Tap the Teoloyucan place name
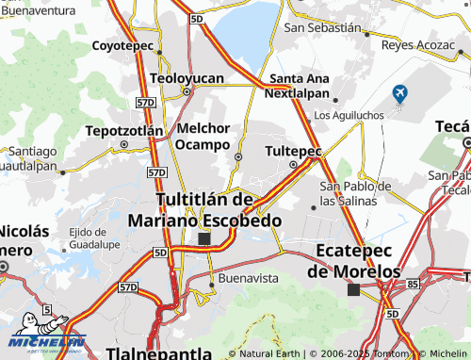(187, 77)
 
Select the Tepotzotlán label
(123, 129)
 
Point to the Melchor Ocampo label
(203, 137)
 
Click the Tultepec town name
(293, 151)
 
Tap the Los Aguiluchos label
(348, 115)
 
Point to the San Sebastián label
(322, 28)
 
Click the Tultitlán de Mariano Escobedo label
(204, 210)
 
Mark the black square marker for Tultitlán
(204, 239)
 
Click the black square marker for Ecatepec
(353, 290)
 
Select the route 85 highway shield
(413, 283)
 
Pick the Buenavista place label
(248, 279)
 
